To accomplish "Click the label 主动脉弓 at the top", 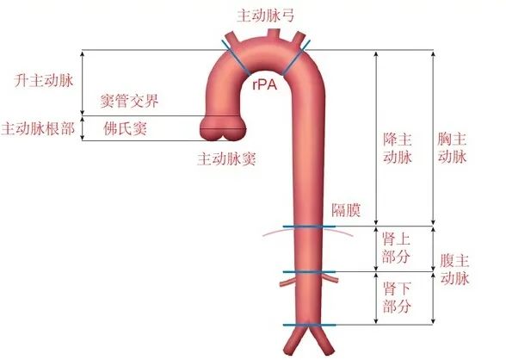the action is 266,16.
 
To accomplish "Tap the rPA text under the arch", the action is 265,84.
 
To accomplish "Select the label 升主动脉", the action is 44,80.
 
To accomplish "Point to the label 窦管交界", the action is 129,102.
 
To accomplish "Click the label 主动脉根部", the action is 38,129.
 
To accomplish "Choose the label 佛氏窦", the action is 126,129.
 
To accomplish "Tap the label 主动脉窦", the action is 227,158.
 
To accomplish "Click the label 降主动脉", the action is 398,148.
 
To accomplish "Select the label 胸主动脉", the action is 452,148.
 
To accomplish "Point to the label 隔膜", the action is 346,210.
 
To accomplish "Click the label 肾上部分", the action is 396,249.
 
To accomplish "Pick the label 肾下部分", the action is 397,297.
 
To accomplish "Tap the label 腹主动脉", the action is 454,270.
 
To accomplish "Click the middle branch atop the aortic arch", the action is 274,34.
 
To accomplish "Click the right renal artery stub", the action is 330,278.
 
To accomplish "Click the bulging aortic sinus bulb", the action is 222,128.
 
